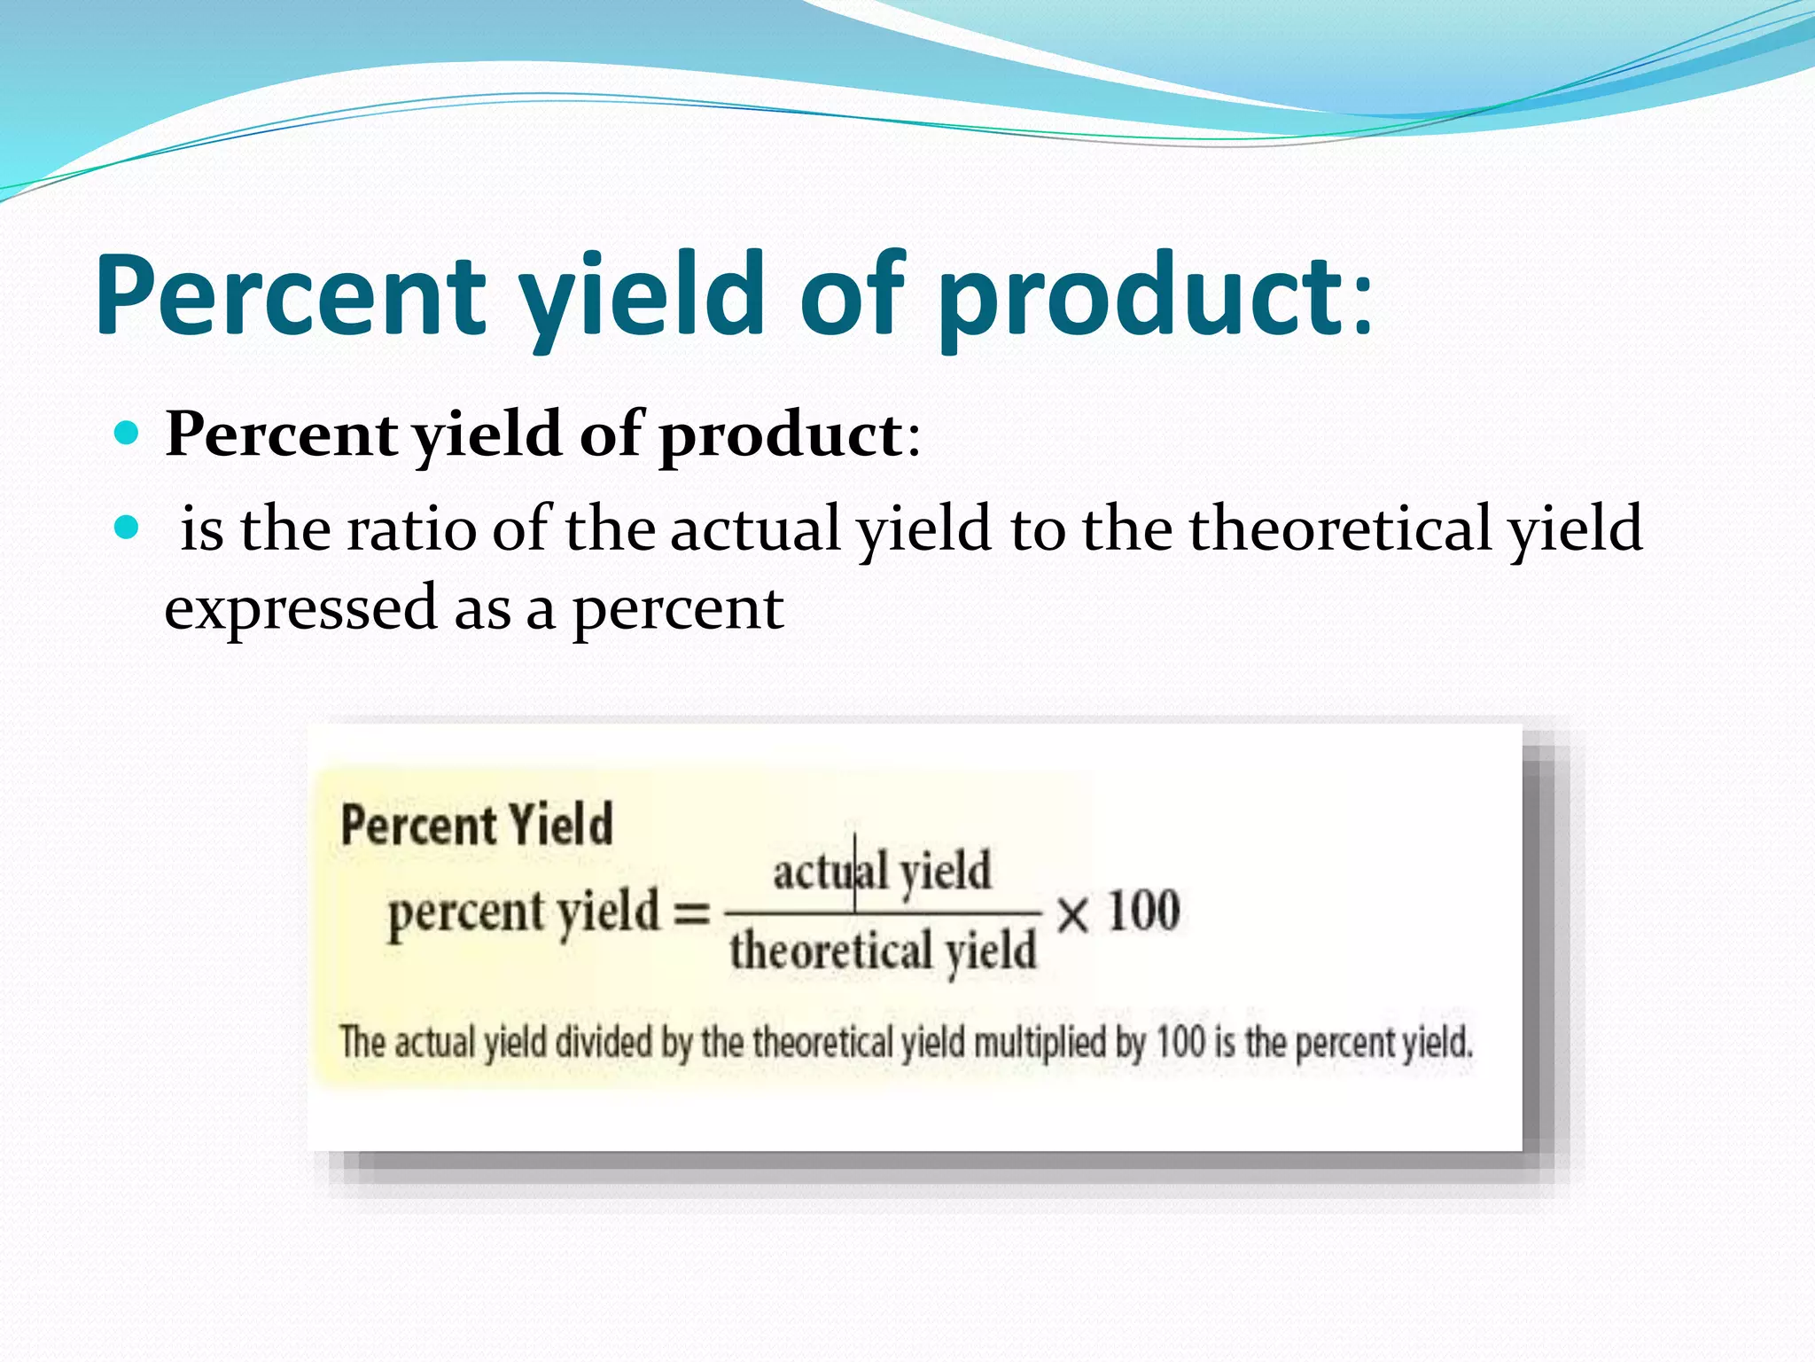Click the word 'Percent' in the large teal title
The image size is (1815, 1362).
291,297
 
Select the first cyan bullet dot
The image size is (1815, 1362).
128,434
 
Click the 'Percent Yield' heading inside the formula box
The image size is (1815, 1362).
477,825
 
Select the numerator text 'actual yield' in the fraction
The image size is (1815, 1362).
882,871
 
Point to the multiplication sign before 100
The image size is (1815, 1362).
1072,913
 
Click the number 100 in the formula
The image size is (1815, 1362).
1144,912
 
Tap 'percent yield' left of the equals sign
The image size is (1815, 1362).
525,913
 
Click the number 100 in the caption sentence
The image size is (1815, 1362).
1180,1041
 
